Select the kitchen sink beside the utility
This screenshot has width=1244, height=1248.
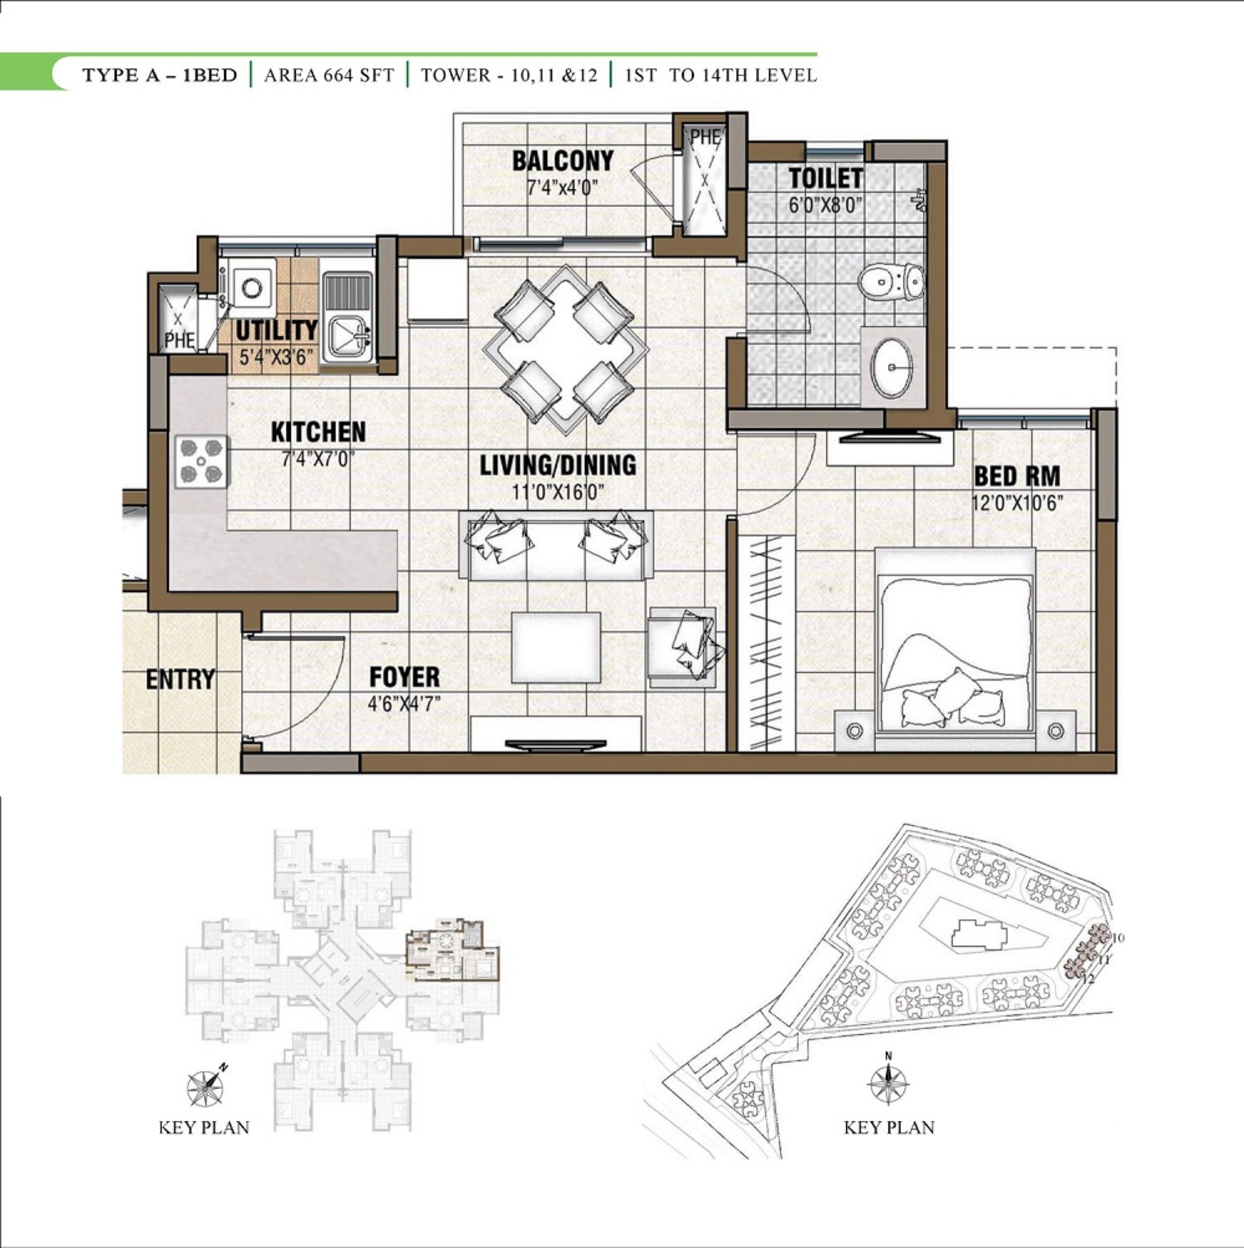click(347, 317)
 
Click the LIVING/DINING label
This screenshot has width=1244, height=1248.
click(557, 465)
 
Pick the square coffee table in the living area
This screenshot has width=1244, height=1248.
click(556, 647)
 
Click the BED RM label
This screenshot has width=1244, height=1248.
click(1016, 477)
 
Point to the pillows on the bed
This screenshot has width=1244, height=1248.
click(953, 701)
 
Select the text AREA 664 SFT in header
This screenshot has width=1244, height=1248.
click(329, 76)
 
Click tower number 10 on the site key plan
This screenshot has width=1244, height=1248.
click(1119, 937)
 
